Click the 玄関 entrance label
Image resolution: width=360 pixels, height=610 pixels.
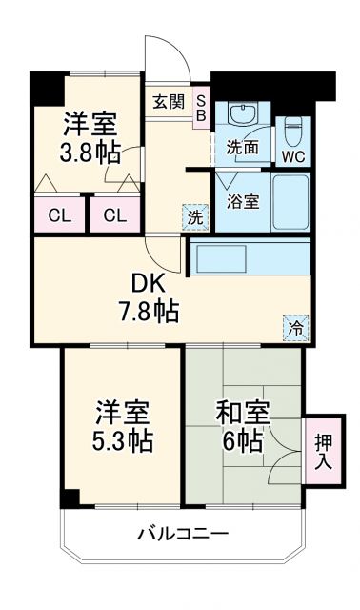(x=169, y=102)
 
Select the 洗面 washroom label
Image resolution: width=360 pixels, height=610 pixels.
(x=242, y=148)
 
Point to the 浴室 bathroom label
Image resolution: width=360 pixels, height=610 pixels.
(x=242, y=201)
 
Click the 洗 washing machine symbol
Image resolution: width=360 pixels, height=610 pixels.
(x=194, y=216)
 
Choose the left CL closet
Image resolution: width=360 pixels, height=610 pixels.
(x=57, y=215)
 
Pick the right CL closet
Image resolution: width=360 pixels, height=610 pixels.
(x=114, y=215)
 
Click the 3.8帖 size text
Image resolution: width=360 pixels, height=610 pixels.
(x=91, y=153)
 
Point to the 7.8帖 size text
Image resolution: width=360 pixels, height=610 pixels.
(x=148, y=311)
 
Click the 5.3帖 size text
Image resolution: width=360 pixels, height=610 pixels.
(x=122, y=441)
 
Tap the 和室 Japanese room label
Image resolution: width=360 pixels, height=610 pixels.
(x=243, y=413)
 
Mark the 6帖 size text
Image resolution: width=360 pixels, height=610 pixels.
(x=244, y=441)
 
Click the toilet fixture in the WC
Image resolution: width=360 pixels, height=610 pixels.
(x=292, y=124)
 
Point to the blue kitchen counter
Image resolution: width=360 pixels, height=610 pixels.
(x=250, y=257)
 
